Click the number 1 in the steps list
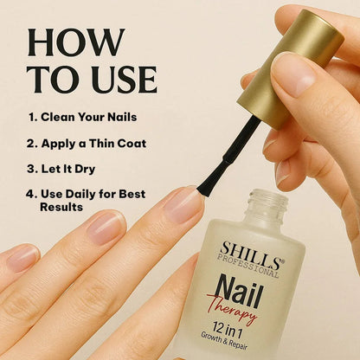pyautogui.click(x=31, y=117)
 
